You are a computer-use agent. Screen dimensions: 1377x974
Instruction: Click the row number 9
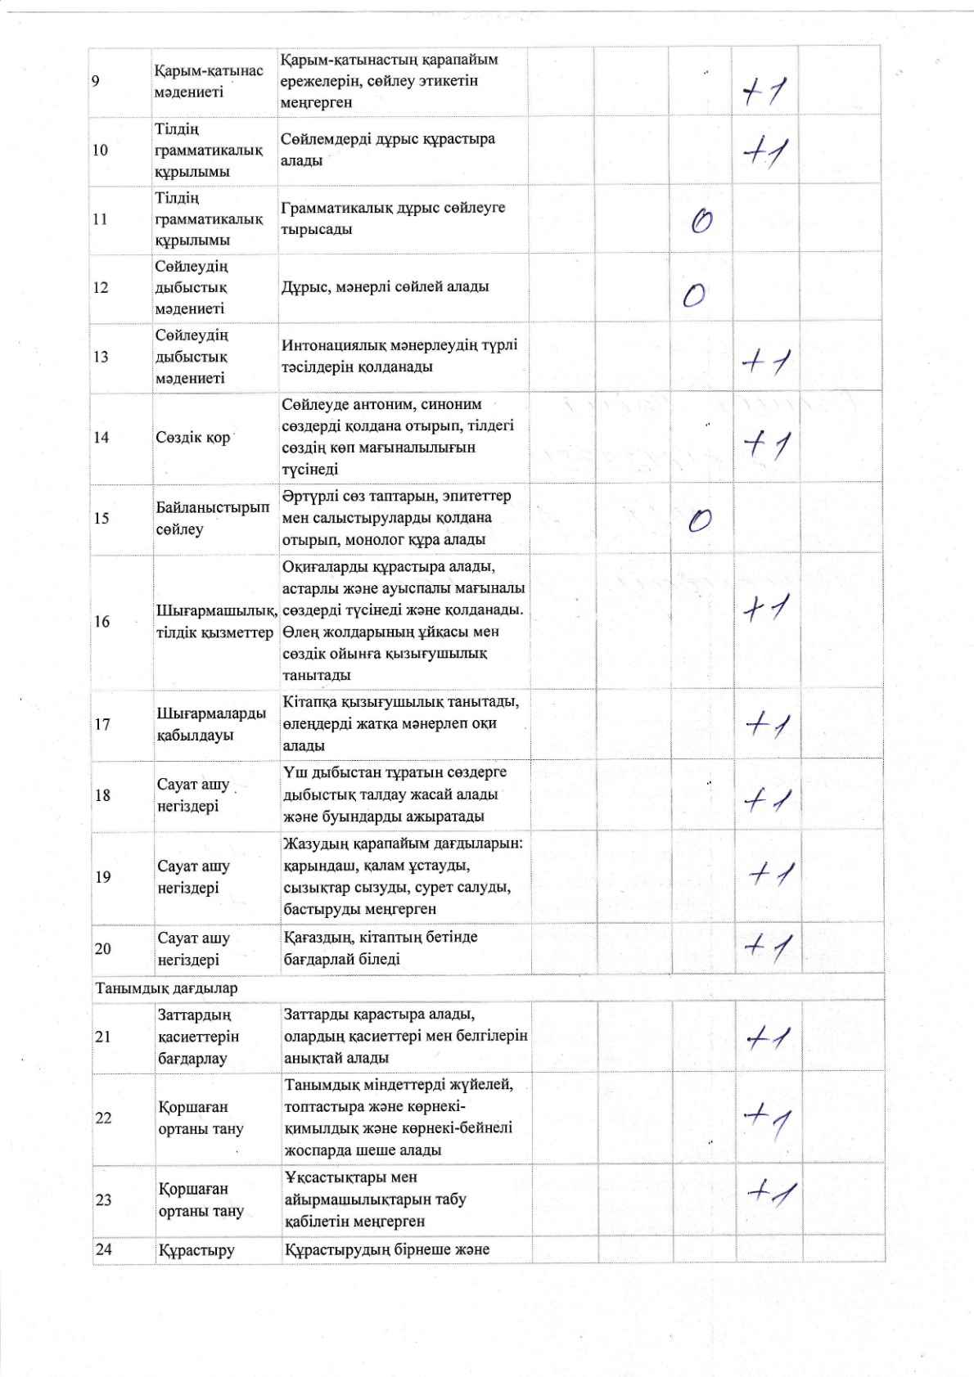pyautogui.click(x=97, y=81)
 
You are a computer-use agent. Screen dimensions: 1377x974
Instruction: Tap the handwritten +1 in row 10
pyautogui.click(x=764, y=152)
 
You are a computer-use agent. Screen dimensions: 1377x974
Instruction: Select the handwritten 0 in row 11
pyautogui.click(x=701, y=221)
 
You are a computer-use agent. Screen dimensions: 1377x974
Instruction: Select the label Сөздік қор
pyautogui.click(x=193, y=437)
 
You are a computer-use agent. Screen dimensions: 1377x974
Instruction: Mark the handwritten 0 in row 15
pyautogui.click(x=700, y=520)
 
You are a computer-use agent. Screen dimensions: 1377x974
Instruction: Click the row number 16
pyautogui.click(x=101, y=621)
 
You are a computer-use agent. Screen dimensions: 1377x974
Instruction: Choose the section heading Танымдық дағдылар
pyautogui.click(x=166, y=988)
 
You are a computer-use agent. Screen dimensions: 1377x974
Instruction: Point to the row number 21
pyautogui.click(x=103, y=1037)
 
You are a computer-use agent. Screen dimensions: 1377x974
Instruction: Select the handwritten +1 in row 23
pyautogui.click(x=771, y=1191)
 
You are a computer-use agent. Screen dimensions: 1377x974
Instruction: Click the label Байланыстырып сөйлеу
pyautogui.click(x=212, y=518)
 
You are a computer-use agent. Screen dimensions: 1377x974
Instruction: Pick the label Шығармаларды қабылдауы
pyautogui.click(x=211, y=724)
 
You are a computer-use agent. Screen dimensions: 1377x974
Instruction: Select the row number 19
pyautogui.click(x=103, y=877)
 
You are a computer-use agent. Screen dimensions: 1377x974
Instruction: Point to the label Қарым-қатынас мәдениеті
pyautogui.click(x=208, y=81)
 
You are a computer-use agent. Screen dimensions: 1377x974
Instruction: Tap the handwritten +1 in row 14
pyautogui.click(x=766, y=444)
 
